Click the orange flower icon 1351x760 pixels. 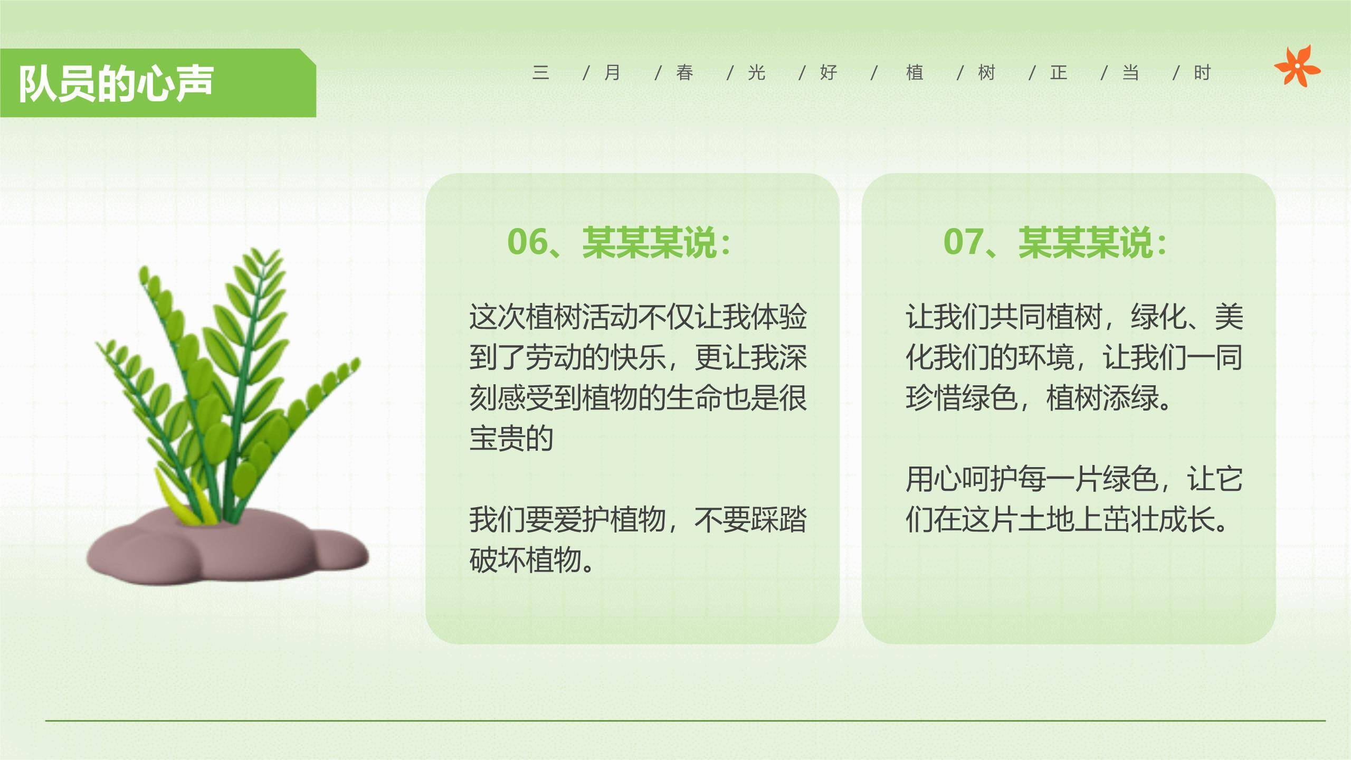click(x=1297, y=66)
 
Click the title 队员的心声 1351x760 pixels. click(x=116, y=83)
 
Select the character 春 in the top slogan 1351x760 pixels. click(x=684, y=73)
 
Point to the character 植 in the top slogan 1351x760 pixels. click(x=915, y=73)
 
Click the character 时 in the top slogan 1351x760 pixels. click(x=1202, y=73)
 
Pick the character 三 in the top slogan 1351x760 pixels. click(x=540, y=73)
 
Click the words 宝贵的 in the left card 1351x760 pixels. click(x=511, y=438)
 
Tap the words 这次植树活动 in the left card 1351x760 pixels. click(x=553, y=317)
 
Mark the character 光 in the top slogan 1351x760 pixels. click(x=756, y=73)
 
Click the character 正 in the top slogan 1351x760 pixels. click(x=1059, y=73)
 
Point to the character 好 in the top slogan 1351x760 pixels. click(x=828, y=73)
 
